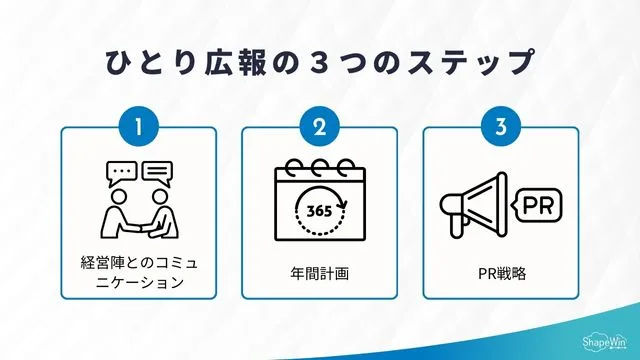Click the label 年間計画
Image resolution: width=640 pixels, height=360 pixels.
[319, 272]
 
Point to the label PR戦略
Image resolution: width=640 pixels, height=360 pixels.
[500, 272]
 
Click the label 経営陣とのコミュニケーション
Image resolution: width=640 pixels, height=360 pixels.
[138, 272]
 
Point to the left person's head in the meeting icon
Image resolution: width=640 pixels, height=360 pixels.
[115, 196]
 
